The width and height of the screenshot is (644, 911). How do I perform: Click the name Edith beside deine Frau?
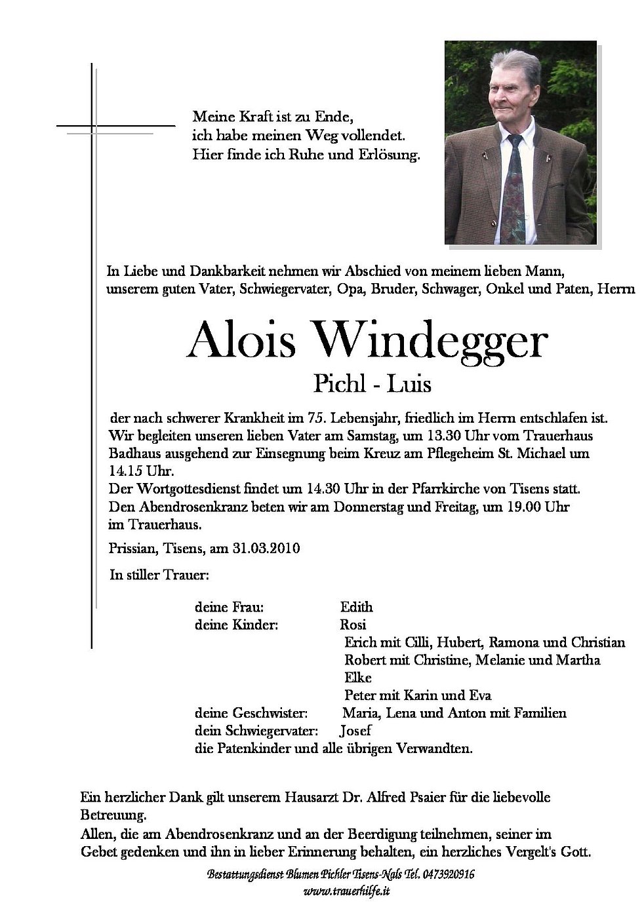point(357,607)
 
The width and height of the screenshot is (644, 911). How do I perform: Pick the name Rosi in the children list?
point(353,625)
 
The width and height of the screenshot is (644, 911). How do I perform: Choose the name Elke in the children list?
point(357,678)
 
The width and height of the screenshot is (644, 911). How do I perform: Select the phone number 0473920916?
point(443,875)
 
